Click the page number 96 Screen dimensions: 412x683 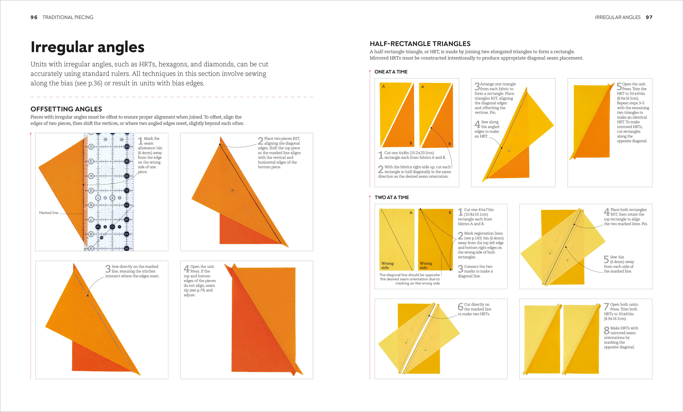pos(34,17)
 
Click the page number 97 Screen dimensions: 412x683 pos(649,17)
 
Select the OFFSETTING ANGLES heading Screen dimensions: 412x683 pos(66,109)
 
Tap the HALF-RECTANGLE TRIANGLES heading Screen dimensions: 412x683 pos(420,44)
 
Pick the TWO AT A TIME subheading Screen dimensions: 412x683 pos(392,197)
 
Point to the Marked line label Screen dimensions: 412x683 pos(49,213)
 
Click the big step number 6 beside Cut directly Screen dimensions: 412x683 pos(460,307)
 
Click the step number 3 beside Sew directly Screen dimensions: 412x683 pos(108,269)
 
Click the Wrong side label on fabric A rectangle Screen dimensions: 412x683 pos(387,265)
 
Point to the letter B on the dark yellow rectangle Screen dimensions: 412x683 pos(450,213)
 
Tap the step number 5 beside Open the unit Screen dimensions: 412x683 pos(619,87)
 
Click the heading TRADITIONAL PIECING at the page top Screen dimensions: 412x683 pos(68,17)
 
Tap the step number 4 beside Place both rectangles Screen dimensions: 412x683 pos(607,212)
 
